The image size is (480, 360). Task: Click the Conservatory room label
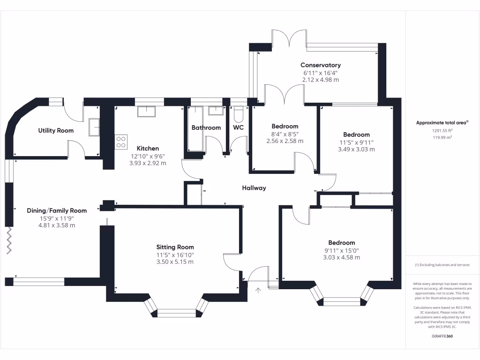(x=321, y=65)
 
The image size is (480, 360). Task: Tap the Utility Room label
(x=56, y=130)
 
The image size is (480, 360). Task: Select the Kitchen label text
(x=148, y=149)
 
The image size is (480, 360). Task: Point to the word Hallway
(x=254, y=188)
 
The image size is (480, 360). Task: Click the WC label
(x=238, y=127)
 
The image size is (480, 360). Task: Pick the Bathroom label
(x=206, y=127)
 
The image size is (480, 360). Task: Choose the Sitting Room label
(x=175, y=247)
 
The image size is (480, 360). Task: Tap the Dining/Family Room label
(x=57, y=210)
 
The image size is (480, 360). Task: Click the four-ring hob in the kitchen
(x=121, y=142)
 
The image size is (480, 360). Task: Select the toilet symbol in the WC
(x=238, y=114)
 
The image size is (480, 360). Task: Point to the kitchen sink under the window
(x=146, y=112)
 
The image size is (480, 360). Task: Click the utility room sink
(x=94, y=127)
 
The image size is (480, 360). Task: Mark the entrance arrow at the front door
(x=258, y=290)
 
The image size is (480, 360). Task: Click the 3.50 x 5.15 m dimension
(x=175, y=262)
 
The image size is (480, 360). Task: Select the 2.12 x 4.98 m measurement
(x=321, y=80)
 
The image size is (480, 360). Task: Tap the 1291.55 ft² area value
(x=442, y=131)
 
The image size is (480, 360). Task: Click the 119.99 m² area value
(x=442, y=137)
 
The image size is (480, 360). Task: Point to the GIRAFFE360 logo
(x=442, y=336)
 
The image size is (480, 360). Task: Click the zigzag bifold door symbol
(x=9, y=240)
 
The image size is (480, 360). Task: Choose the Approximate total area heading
(x=442, y=123)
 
